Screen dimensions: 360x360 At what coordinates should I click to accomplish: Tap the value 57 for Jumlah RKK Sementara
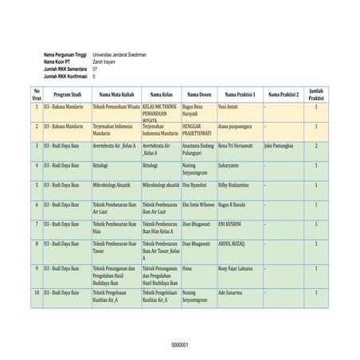tap(96, 69)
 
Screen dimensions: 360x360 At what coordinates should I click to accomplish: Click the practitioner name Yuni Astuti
tap(228, 106)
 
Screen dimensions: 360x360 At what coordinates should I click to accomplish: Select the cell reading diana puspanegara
tap(235, 126)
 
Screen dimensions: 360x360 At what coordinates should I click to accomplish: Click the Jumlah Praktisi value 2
tap(315, 146)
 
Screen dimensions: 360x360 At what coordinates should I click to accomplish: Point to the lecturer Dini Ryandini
tap(194, 185)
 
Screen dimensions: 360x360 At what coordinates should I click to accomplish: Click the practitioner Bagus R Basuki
tap(232, 205)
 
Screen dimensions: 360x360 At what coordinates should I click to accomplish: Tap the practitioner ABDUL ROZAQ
tap(233, 244)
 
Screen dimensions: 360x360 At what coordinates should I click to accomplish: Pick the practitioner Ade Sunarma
tap(230, 293)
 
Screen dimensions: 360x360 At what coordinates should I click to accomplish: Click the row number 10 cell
tap(36, 293)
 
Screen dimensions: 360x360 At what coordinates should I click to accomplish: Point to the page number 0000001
tap(180, 345)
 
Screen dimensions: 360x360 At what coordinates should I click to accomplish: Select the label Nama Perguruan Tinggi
tap(66, 54)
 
